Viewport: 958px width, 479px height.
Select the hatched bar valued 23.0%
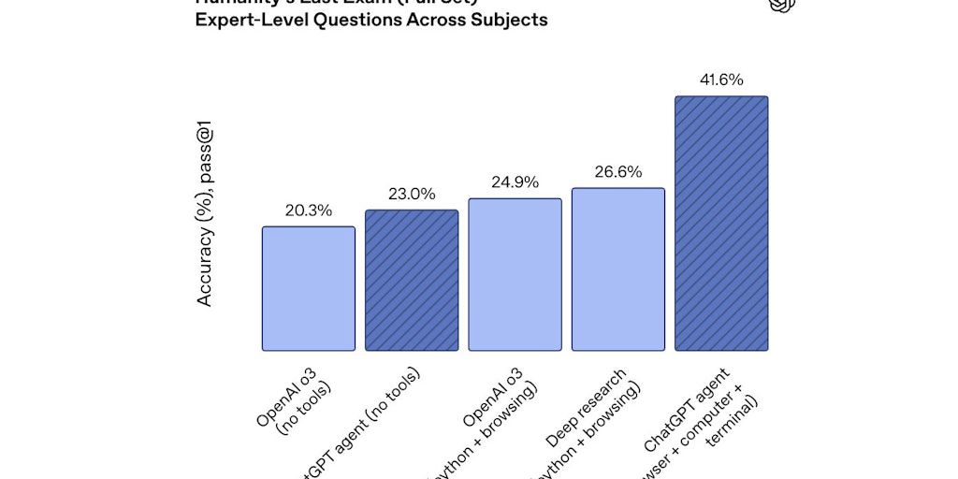(x=412, y=280)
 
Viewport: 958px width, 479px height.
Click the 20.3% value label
(x=308, y=210)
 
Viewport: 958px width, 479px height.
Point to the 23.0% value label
(x=412, y=194)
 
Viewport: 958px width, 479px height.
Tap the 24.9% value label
(x=515, y=182)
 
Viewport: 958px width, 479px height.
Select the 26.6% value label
(x=617, y=172)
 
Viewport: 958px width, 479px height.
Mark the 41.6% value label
(x=721, y=80)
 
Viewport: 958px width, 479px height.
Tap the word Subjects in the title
(x=511, y=20)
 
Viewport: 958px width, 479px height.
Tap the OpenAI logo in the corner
(x=781, y=5)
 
